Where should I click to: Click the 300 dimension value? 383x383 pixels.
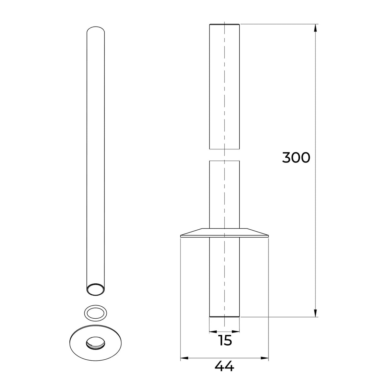pos(296,158)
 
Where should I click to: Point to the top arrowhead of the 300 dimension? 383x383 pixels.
pos(315,28)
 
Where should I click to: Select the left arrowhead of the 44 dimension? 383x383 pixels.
pos(184,358)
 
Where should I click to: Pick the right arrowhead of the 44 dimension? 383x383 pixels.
pos(265,358)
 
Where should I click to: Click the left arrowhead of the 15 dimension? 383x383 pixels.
pos(213,332)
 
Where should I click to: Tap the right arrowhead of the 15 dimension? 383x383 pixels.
pos(236,332)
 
